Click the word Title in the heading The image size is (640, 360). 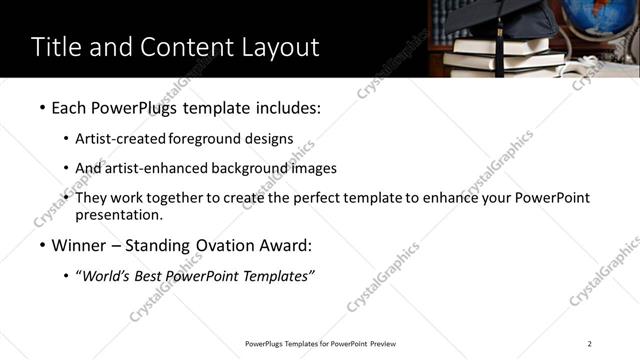(57, 47)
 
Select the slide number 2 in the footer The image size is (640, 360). (590, 344)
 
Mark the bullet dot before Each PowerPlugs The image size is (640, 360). (41, 106)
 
